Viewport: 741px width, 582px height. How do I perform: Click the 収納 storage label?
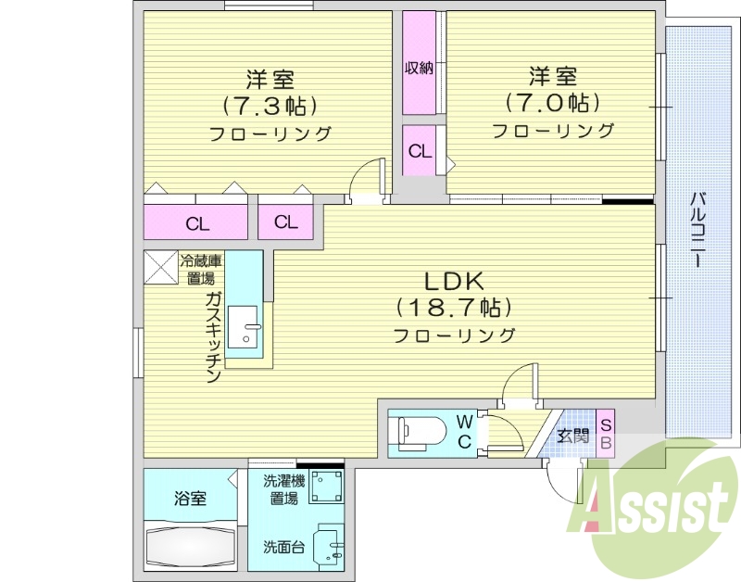point(419,69)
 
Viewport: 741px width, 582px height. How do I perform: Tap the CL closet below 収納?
point(420,152)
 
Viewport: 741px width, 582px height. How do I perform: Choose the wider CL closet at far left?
point(196,223)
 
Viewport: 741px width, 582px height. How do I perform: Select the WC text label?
point(464,432)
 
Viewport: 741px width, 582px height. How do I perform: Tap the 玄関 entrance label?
point(572,433)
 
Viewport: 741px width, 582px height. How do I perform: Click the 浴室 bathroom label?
point(190,498)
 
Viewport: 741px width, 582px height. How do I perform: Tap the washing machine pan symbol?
point(325,485)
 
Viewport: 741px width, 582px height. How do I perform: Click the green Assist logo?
point(654,508)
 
